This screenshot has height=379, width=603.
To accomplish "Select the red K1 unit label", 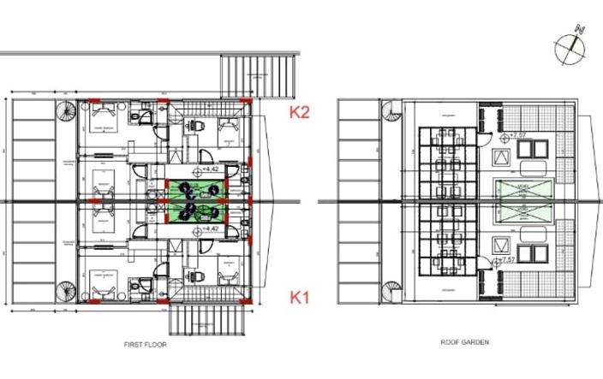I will (x=299, y=298).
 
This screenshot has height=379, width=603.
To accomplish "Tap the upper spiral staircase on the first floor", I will (x=65, y=112).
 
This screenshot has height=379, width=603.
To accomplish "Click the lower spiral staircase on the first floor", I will (x=65, y=291).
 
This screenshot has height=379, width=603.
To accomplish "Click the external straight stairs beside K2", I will (x=260, y=77).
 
